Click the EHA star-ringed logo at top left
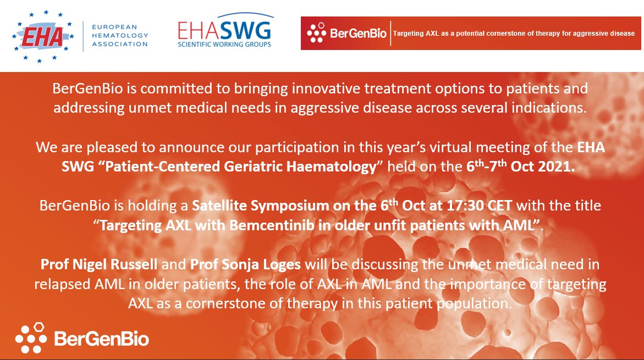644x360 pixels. (42, 36)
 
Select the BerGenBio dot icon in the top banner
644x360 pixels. (316, 34)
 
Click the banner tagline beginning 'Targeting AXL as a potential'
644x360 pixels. (514, 34)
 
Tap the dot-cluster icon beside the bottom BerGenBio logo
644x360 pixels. (31, 338)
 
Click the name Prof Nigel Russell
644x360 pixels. (99, 265)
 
